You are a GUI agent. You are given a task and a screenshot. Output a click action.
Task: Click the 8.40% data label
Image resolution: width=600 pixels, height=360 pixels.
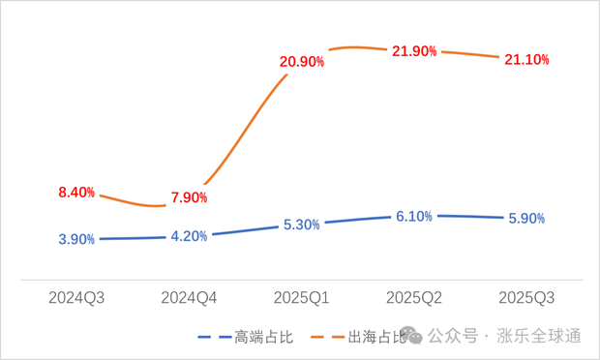pyautogui.click(x=76, y=193)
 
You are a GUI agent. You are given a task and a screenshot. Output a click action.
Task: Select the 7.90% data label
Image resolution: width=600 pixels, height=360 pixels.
pyautogui.click(x=189, y=198)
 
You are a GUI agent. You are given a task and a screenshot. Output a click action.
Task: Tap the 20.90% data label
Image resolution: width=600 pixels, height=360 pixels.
pyautogui.click(x=301, y=62)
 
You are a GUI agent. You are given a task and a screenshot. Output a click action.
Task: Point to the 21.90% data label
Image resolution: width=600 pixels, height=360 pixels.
pyautogui.click(x=413, y=51)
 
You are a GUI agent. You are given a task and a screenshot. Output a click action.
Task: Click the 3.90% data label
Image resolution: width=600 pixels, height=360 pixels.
pyautogui.click(x=76, y=239)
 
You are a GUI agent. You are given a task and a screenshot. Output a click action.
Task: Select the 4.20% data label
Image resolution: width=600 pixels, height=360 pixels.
pyautogui.click(x=189, y=236)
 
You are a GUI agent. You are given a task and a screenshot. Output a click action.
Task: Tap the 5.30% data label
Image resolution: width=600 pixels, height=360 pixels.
pyautogui.click(x=301, y=225)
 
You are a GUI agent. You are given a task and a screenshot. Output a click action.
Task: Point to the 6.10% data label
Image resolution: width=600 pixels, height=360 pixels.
pyautogui.click(x=413, y=216)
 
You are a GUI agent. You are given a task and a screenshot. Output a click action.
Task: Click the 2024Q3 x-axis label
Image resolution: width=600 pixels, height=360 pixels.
pyautogui.click(x=76, y=297)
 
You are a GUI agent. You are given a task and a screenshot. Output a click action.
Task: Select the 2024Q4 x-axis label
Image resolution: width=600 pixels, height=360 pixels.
pyautogui.click(x=189, y=297)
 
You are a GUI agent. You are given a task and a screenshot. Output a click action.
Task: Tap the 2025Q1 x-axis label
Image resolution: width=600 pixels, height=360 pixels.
pyautogui.click(x=301, y=297)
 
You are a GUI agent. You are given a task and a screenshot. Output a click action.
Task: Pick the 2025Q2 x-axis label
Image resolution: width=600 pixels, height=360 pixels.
pyautogui.click(x=413, y=297)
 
